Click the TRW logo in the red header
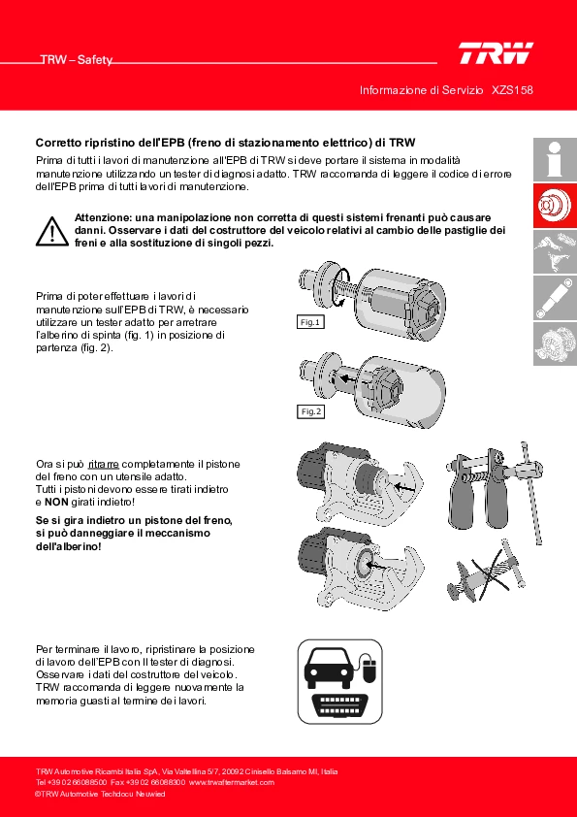click(496, 53)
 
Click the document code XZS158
click(512, 90)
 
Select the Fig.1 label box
click(309, 322)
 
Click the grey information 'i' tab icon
click(555, 159)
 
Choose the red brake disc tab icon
click(555, 206)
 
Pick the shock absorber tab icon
click(555, 298)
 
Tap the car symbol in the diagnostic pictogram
click(329, 666)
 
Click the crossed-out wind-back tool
click(484, 575)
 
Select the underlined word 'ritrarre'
click(104, 464)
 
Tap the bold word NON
click(56, 503)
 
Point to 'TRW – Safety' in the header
click(77, 60)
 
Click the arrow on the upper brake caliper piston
click(405, 487)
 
